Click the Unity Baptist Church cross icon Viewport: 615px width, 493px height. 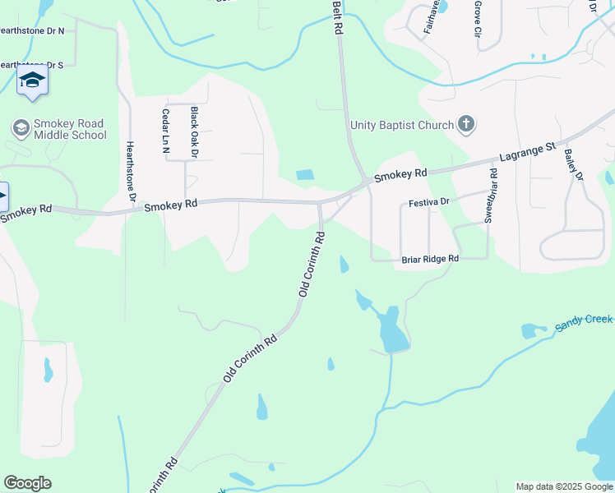click(466, 125)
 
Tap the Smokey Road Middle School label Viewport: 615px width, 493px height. click(70, 130)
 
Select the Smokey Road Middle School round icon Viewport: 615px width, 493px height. click(21, 128)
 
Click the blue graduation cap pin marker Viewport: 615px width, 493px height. click(32, 81)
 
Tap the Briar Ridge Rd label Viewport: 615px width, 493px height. click(429, 259)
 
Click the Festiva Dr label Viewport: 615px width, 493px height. click(428, 201)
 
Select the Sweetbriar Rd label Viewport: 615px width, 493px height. click(491, 196)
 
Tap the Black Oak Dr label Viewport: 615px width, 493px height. click(195, 131)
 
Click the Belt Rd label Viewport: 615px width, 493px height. click(337, 16)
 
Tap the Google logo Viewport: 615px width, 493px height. click(27, 483)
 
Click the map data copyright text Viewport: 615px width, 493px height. click(564, 486)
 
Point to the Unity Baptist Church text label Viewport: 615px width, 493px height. click(402, 125)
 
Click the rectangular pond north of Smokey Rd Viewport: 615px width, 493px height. click(304, 174)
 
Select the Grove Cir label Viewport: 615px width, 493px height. click(477, 19)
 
